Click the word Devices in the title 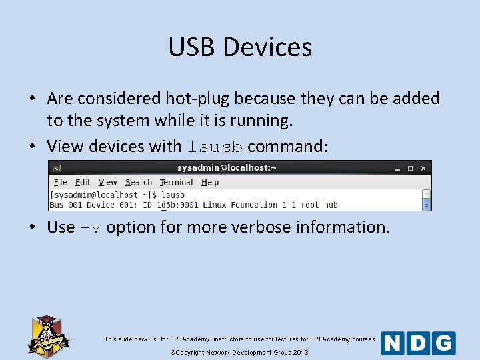coord(267,47)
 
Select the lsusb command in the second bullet coord(215,147)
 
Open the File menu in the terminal coord(61,182)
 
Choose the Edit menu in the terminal coord(83,182)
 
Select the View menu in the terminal coord(107,182)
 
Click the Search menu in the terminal coord(139,182)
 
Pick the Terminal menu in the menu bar coord(177,182)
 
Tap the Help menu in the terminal coord(210,182)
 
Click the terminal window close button coord(424,169)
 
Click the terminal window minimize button coord(396,169)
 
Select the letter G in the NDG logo coord(443,343)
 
